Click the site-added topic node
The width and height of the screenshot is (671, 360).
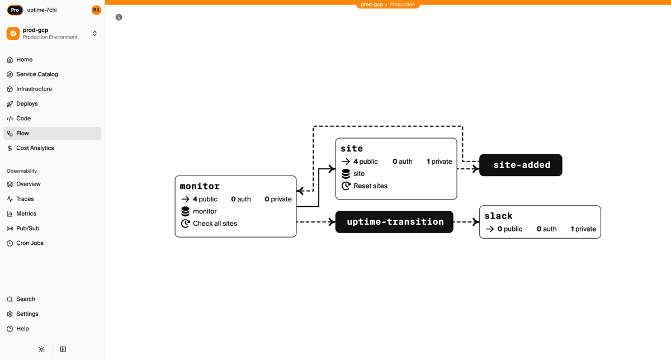tap(521, 165)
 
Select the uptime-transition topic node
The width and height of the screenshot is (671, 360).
tap(394, 222)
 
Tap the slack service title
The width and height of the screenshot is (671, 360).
tap(498, 216)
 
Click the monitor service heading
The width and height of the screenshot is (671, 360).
tap(200, 186)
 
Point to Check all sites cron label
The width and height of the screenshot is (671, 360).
tap(215, 224)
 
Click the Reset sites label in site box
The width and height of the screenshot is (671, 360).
tap(370, 186)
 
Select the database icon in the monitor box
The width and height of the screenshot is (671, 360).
tap(185, 211)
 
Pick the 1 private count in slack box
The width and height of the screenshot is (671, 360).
tap(583, 229)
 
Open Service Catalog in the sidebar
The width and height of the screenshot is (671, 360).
tap(37, 74)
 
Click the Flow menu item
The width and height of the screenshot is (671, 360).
tap(22, 134)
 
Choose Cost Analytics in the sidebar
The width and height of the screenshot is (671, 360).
tap(35, 148)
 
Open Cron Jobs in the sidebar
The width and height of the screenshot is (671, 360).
tap(30, 243)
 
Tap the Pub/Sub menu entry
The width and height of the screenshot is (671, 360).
tap(27, 229)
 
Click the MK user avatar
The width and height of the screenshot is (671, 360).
tap(96, 10)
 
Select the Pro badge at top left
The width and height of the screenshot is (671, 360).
tap(15, 10)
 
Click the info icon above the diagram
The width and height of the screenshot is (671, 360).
tap(119, 17)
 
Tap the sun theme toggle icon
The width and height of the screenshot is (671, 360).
tap(41, 349)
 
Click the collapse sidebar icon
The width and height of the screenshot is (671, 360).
tap(63, 349)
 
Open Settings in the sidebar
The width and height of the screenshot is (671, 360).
tap(27, 314)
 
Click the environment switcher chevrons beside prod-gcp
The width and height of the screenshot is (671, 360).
tap(94, 34)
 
